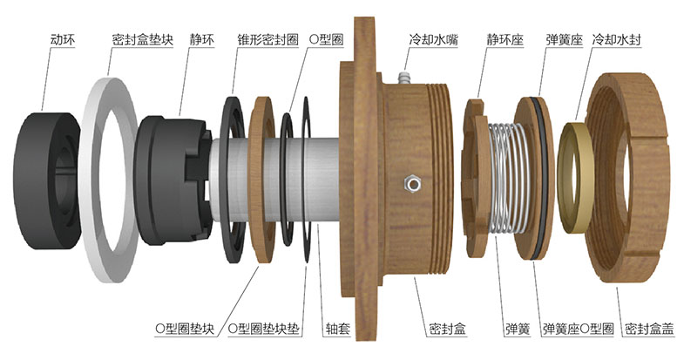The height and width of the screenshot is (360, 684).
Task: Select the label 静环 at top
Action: click(206, 39)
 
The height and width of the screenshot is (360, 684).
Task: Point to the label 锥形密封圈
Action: click(267, 39)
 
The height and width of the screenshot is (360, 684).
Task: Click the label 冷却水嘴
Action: click(433, 39)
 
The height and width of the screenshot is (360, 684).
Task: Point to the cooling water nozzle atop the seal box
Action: click(403, 78)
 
